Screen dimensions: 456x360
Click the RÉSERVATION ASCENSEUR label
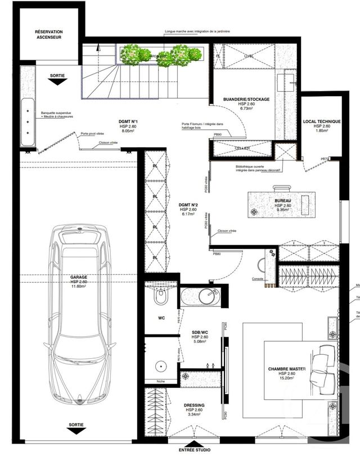pos(48,35)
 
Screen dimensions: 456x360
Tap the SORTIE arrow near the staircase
pos(55,82)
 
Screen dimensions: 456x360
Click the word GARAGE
pos(78,277)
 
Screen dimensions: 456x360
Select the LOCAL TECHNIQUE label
pos(322,121)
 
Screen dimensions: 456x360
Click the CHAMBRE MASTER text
pos(287,369)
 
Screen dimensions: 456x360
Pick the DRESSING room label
pos(193,405)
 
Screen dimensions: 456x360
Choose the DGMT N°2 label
pos(187,204)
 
